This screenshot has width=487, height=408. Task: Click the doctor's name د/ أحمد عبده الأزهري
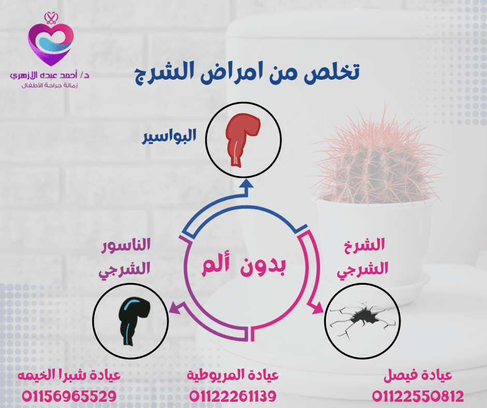(50, 75)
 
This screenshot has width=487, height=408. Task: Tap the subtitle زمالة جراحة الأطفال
(50, 85)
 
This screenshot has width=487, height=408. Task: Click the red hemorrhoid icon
(242, 140)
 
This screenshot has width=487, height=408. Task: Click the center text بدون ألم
(244, 267)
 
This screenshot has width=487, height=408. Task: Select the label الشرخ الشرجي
(363, 257)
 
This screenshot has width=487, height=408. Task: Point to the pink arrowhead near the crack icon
(318, 308)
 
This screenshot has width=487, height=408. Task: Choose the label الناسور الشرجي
(124, 257)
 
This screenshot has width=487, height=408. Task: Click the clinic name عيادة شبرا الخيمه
(69, 375)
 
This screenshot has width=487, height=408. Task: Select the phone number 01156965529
(69, 397)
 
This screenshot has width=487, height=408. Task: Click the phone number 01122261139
(233, 397)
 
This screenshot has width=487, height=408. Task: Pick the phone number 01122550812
(418, 397)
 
